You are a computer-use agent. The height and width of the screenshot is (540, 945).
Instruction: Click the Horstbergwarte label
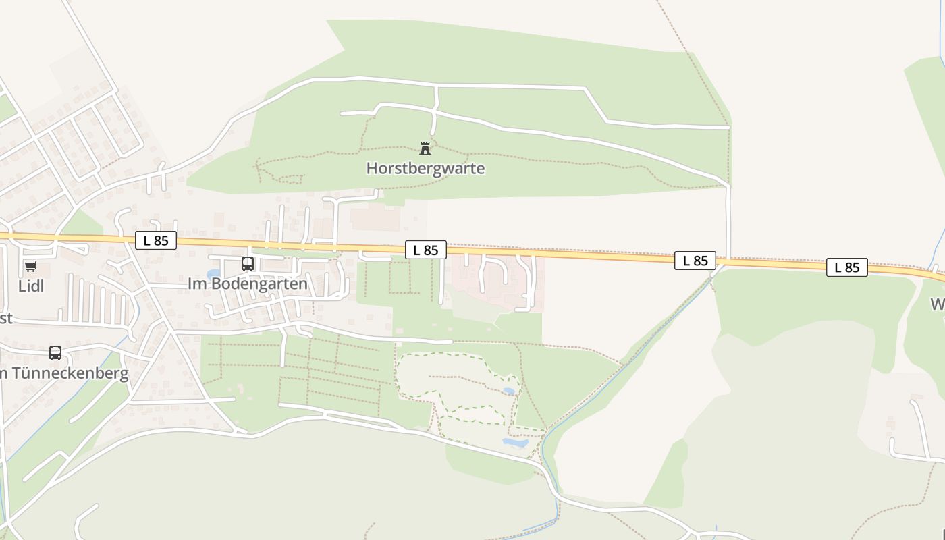click(x=425, y=168)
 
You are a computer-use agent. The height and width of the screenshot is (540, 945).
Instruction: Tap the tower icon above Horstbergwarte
click(x=425, y=148)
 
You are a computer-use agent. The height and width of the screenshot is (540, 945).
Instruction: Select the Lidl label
click(x=31, y=286)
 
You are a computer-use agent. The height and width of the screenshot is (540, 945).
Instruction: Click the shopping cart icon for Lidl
click(x=30, y=266)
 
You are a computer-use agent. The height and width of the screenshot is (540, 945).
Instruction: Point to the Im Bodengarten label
click(x=247, y=283)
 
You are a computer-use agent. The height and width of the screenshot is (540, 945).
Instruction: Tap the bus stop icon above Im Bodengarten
click(x=248, y=264)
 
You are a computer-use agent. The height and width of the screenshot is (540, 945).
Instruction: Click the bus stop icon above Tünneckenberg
click(x=55, y=353)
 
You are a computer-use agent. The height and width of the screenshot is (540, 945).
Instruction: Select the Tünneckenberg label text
click(x=67, y=373)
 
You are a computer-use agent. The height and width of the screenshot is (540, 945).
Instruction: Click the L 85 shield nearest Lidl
click(x=156, y=240)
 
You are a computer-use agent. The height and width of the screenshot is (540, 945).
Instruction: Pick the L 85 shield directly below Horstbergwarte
click(x=426, y=250)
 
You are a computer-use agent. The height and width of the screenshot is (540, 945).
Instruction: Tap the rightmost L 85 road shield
click(x=847, y=267)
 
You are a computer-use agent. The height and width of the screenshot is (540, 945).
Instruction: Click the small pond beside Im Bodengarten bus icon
click(x=214, y=274)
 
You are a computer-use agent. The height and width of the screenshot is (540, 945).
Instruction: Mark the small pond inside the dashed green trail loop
click(x=508, y=391)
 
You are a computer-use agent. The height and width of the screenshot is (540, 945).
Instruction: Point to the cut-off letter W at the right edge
click(x=938, y=304)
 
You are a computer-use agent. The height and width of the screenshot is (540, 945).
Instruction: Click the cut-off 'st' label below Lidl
click(x=5, y=318)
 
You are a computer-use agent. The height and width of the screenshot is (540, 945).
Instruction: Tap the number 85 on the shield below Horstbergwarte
click(x=431, y=250)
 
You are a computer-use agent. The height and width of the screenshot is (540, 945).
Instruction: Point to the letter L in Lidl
click(x=22, y=286)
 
